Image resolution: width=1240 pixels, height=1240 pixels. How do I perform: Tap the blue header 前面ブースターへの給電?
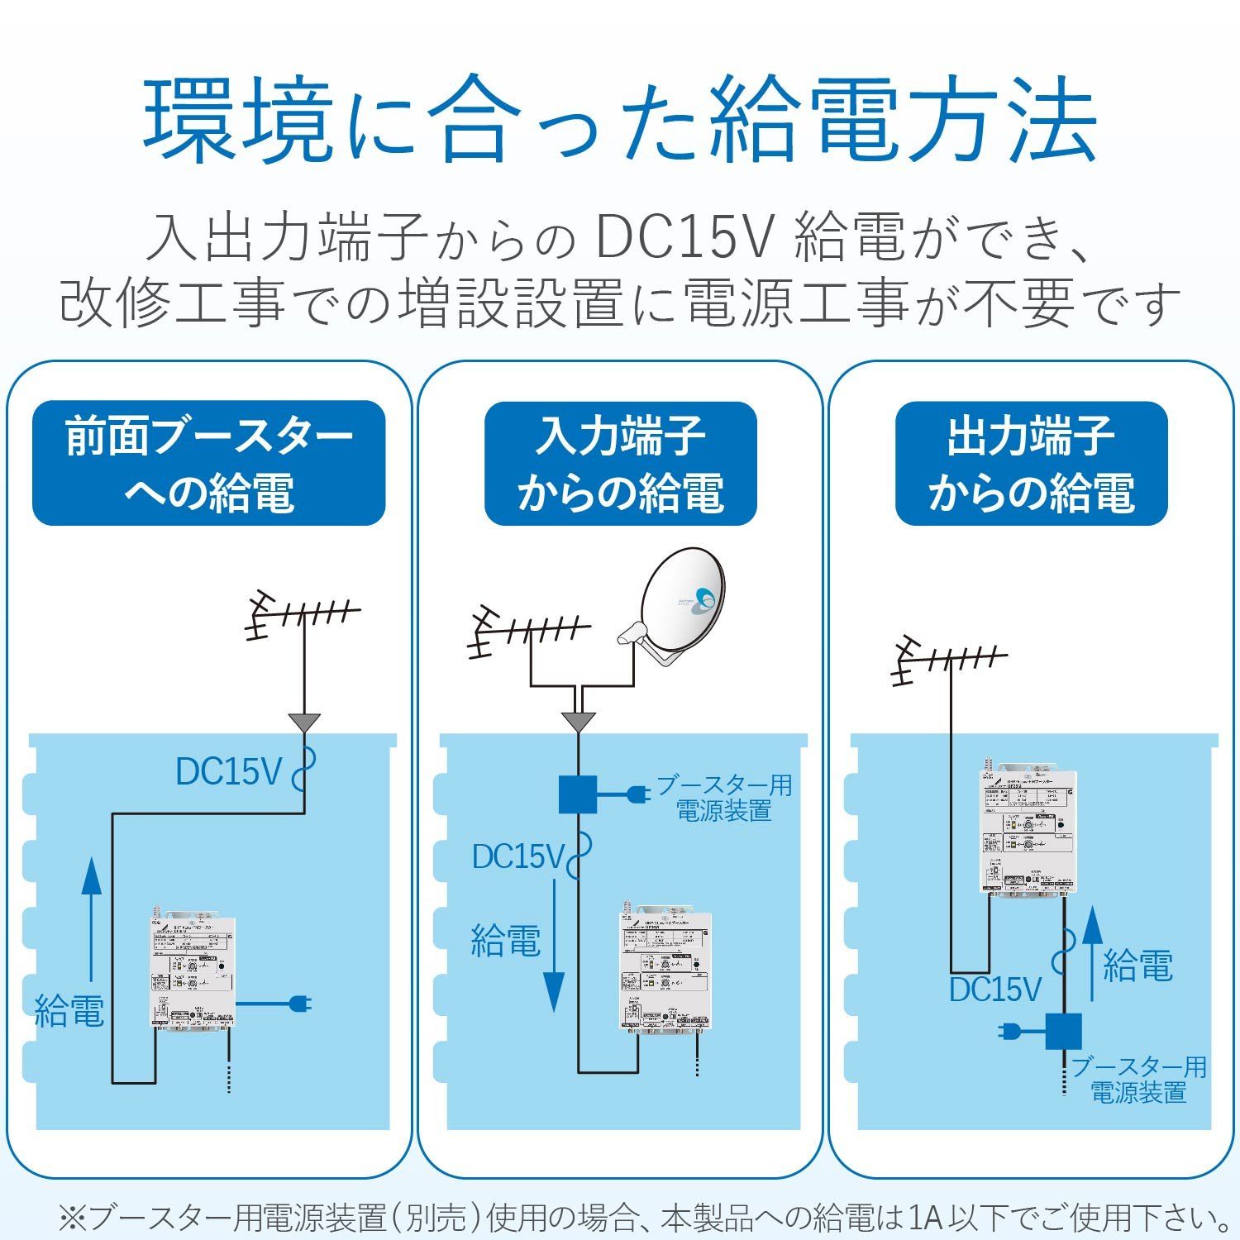tap(208, 464)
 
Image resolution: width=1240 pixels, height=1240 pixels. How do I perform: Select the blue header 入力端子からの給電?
tap(620, 464)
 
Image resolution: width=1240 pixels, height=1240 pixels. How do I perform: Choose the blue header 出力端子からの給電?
tap(1031, 464)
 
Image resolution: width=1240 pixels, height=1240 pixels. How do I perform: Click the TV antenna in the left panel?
tap(302, 616)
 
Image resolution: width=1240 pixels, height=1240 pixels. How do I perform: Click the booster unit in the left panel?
tap(193, 972)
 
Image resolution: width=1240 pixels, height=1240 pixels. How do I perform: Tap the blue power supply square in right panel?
tap(1063, 1031)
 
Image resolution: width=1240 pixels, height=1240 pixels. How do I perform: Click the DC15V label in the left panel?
tap(229, 772)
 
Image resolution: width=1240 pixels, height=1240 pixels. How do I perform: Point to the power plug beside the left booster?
tap(299, 1004)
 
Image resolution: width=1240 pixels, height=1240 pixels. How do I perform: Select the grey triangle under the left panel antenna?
tap(305, 722)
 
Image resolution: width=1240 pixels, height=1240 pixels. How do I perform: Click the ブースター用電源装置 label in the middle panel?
tap(724, 798)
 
